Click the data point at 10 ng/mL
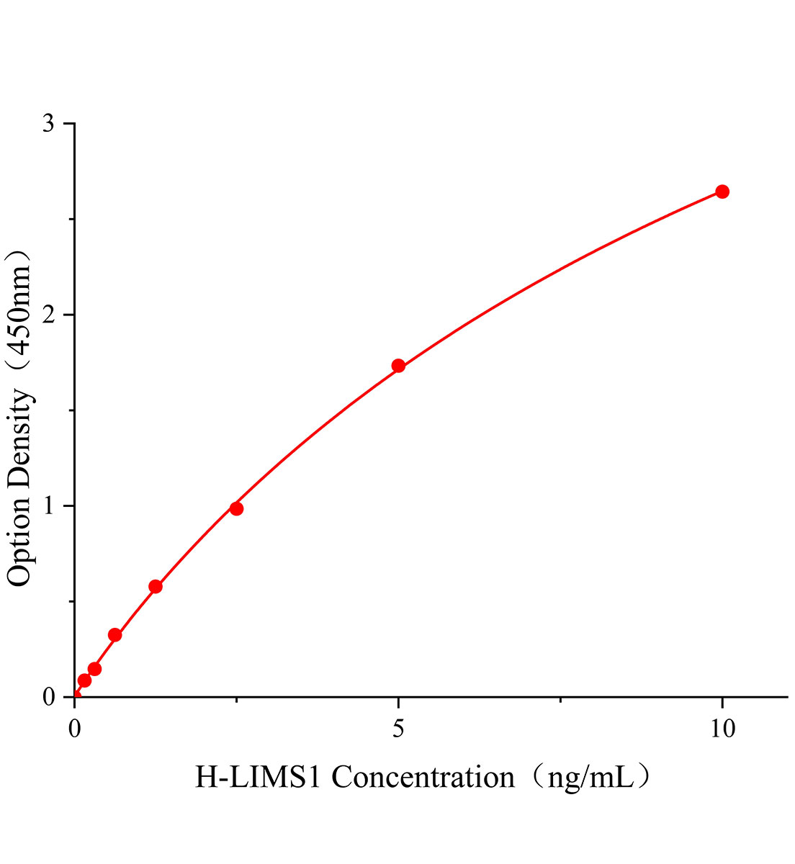click(722, 192)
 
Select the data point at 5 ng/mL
click(398, 366)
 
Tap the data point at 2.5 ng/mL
click(236, 508)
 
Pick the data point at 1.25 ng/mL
click(156, 586)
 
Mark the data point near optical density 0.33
click(114, 634)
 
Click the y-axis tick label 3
click(48, 124)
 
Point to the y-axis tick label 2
click(48, 315)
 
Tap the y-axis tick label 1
click(48, 506)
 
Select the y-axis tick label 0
click(48, 697)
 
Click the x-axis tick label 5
click(398, 729)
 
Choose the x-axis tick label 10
click(722, 729)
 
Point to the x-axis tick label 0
click(75, 729)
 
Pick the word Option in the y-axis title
click(19, 539)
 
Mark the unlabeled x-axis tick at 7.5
click(560, 699)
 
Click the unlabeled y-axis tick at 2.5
click(72, 220)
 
